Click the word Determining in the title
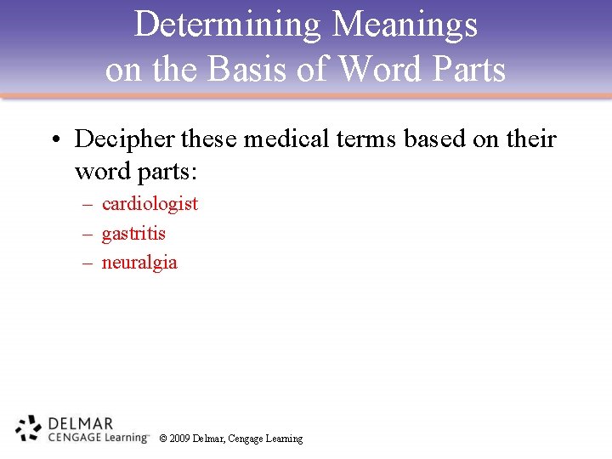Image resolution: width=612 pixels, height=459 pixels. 228,25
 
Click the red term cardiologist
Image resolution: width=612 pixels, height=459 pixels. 150,204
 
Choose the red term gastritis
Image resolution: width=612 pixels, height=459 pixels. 133,234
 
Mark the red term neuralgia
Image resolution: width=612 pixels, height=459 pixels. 139,263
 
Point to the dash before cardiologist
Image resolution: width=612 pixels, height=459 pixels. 87,205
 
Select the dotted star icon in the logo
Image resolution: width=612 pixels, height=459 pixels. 28,428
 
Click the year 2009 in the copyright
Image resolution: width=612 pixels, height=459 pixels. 179,439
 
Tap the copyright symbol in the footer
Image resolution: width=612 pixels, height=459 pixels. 162,439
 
